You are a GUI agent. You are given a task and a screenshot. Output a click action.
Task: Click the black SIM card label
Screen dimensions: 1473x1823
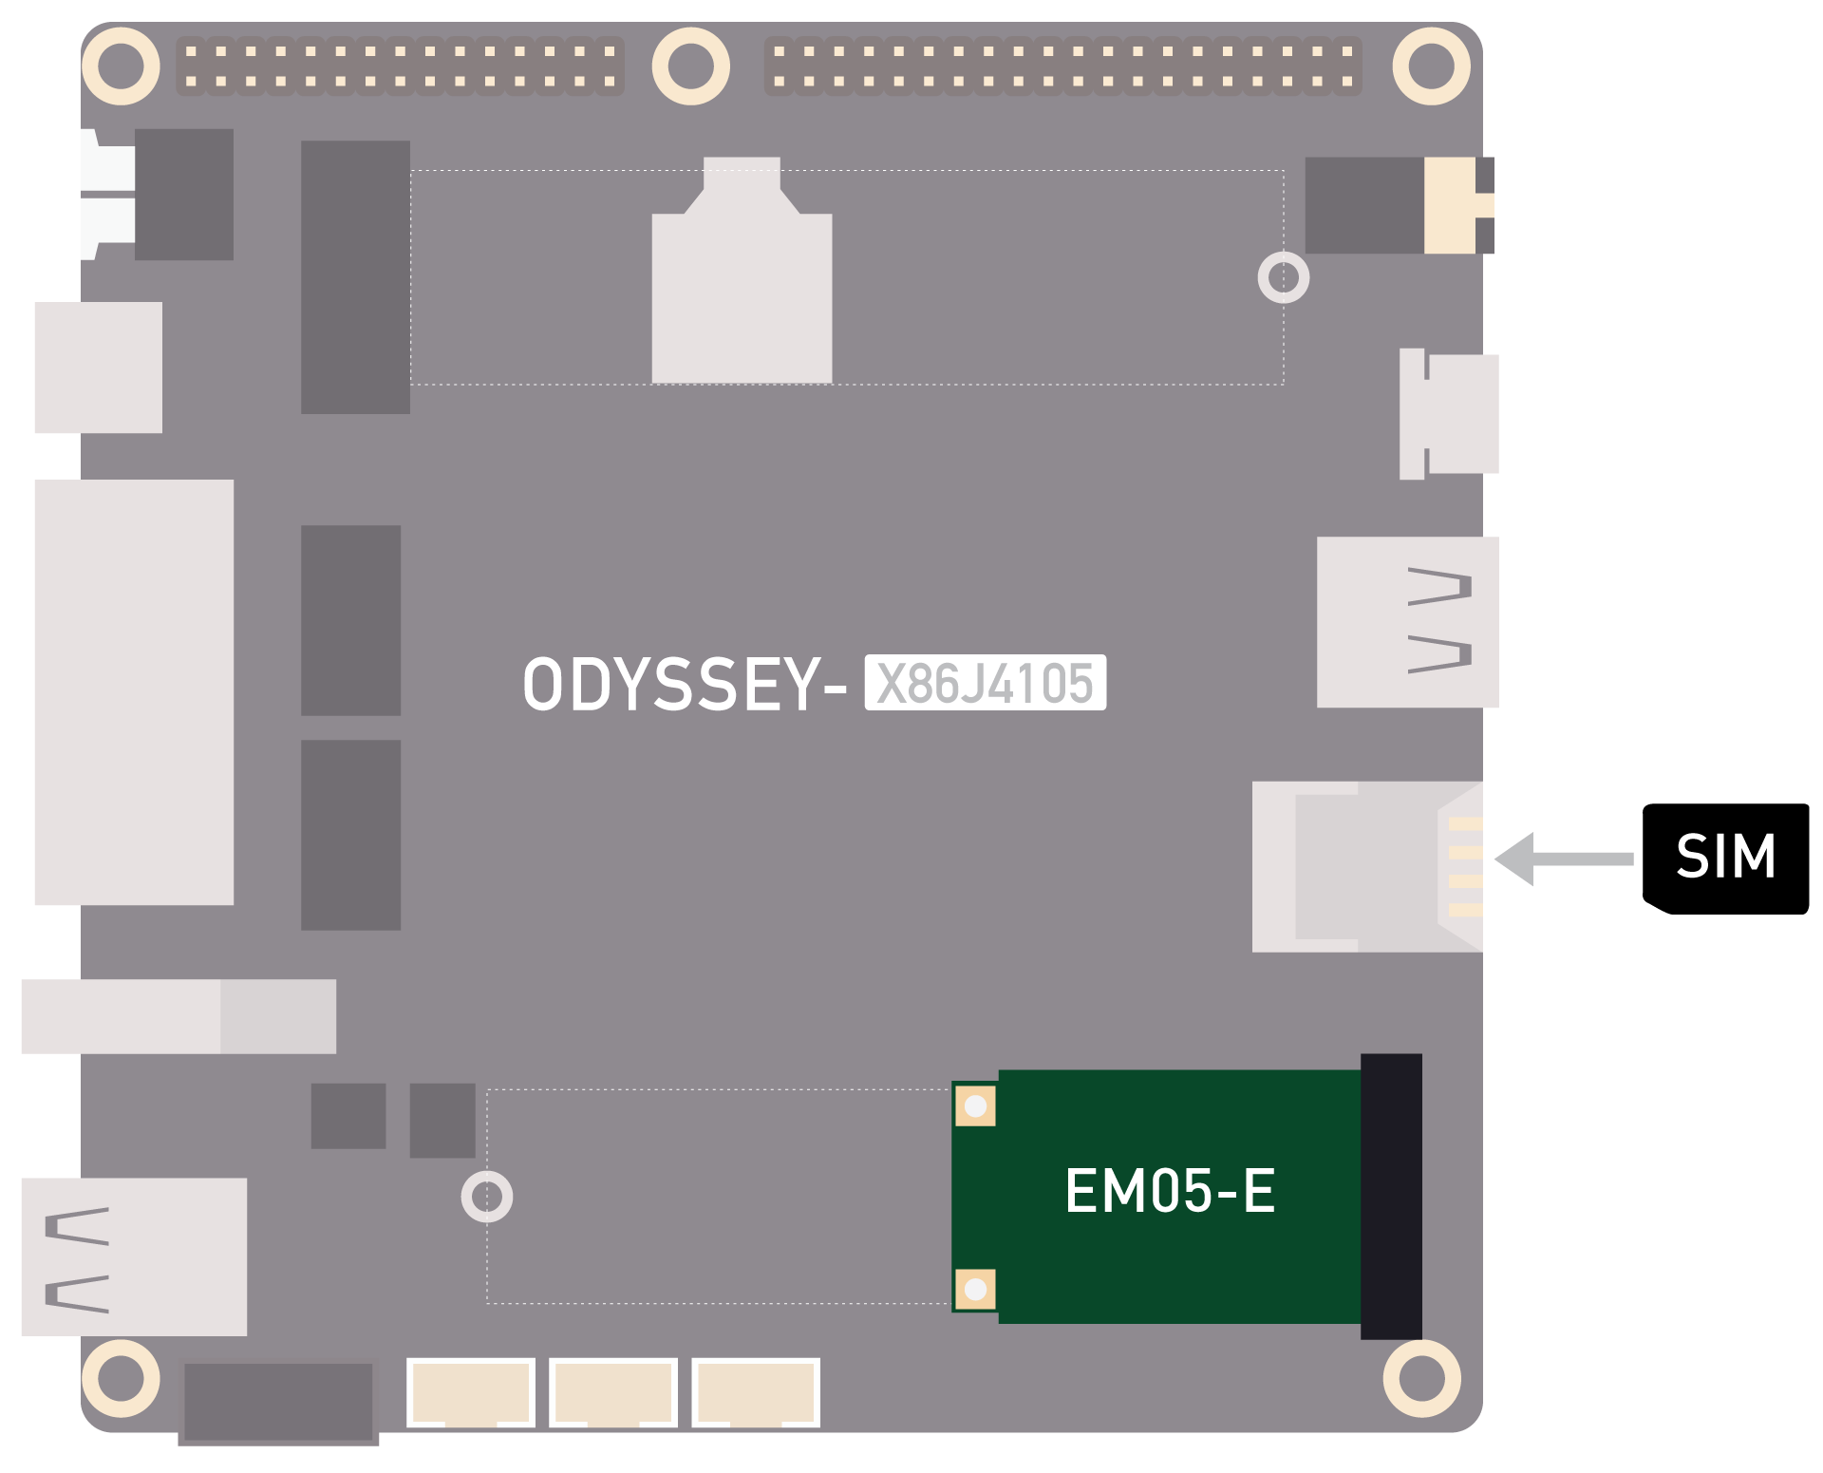point(1725,859)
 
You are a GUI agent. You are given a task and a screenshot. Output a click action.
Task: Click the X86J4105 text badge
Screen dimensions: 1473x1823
point(985,683)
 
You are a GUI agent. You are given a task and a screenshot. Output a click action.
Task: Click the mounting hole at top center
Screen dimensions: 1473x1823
point(690,66)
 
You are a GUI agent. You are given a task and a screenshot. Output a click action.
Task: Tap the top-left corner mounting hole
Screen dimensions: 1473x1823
point(121,66)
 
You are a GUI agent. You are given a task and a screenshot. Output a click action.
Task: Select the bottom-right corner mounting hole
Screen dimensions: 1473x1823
point(1421,1378)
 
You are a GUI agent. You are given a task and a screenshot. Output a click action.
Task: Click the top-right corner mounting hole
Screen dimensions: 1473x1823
point(1431,66)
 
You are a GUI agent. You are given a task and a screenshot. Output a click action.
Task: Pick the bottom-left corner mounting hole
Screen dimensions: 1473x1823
point(121,1378)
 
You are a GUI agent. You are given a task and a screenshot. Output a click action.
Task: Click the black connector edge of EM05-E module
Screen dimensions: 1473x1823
point(1391,1196)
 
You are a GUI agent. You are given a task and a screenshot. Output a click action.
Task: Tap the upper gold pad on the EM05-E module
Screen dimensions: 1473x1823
point(975,1106)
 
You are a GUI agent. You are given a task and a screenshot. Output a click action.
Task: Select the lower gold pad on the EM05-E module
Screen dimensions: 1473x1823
point(975,1289)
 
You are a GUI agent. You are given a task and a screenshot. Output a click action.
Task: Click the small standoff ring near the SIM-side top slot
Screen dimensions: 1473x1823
point(1284,277)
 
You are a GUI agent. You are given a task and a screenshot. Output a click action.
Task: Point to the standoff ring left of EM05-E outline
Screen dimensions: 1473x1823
point(487,1197)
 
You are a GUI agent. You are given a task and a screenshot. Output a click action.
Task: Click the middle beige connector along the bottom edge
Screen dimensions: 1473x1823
point(613,1392)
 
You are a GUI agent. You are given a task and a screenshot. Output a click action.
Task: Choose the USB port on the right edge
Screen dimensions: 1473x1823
point(1407,622)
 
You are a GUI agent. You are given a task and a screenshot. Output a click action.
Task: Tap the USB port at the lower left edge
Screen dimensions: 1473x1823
point(134,1256)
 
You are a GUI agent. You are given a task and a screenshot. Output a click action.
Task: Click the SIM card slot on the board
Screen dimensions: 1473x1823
point(1367,866)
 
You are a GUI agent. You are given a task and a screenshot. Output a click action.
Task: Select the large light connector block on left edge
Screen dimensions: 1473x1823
point(134,691)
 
